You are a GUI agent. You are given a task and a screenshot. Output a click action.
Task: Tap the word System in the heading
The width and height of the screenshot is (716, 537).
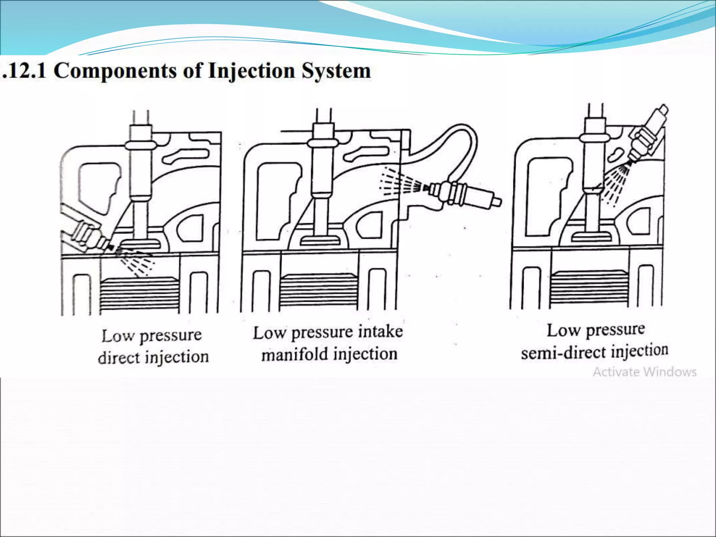[x=336, y=71]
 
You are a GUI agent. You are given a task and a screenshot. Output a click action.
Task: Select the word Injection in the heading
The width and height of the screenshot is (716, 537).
[x=251, y=71]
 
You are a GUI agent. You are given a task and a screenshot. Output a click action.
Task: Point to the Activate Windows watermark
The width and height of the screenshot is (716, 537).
[x=645, y=372]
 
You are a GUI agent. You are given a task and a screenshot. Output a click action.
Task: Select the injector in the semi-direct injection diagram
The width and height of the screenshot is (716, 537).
[x=647, y=135]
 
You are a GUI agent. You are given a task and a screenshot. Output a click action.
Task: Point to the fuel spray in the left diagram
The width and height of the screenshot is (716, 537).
[x=135, y=260]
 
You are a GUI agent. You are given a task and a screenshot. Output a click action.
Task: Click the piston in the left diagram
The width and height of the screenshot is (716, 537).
[x=140, y=294]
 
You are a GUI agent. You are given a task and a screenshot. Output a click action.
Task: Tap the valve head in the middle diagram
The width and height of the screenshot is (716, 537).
[x=320, y=241]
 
